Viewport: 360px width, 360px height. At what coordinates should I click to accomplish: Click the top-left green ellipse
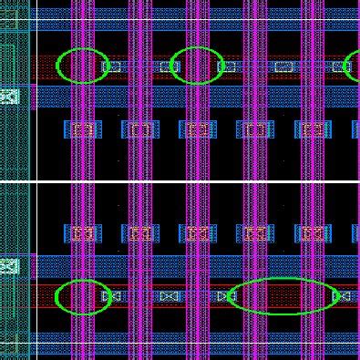point(83,66)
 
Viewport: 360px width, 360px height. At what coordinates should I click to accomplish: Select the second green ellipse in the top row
point(197,66)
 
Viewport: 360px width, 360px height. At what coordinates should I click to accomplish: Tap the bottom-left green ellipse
point(83,297)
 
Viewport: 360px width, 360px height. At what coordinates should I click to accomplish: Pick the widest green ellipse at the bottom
point(283,296)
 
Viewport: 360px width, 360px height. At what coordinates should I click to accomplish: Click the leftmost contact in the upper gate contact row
point(83,129)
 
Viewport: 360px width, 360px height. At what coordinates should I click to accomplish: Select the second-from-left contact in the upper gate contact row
point(139,129)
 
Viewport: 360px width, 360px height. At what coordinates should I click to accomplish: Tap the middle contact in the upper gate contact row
point(197,129)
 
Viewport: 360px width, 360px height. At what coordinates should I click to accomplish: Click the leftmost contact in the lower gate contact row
point(83,233)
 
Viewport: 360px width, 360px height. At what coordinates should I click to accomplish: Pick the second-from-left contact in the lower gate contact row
point(139,233)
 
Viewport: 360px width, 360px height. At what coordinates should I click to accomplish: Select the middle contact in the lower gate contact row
point(197,233)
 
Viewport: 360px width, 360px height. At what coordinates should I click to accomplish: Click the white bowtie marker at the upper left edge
point(9,96)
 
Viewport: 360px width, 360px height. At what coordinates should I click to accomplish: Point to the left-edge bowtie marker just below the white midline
point(9,266)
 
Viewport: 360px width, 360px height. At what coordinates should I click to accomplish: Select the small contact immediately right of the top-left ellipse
point(115,66)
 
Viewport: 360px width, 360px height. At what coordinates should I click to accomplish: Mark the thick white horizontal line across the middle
point(182,181)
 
